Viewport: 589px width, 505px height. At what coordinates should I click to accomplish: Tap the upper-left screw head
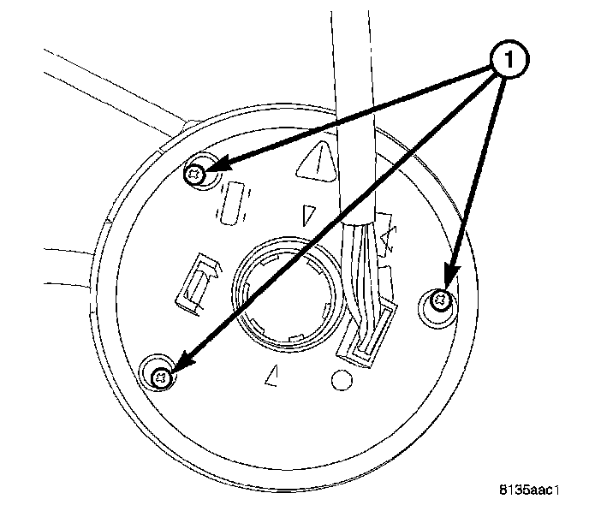coord(196,174)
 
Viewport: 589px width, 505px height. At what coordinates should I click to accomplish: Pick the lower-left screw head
coord(160,374)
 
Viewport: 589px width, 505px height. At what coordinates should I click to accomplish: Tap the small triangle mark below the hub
coord(273,373)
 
